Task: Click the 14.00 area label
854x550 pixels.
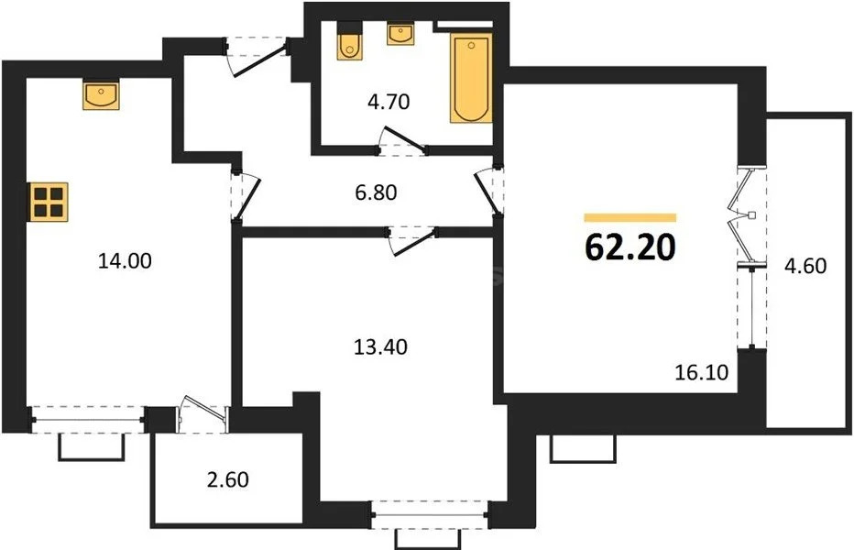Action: [124, 261]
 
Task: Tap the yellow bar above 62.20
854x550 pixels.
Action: [630, 218]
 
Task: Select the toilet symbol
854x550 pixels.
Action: [349, 44]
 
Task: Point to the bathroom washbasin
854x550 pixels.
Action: [400, 34]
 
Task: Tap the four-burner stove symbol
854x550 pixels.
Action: [48, 201]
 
